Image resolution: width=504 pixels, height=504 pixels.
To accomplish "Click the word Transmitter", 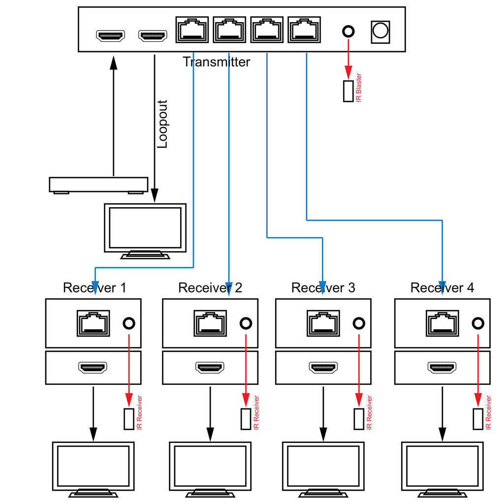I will tap(216, 62).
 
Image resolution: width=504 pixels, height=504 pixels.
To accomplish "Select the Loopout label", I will tap(162, 124).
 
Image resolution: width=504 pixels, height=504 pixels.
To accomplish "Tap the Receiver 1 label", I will tap(94, 287).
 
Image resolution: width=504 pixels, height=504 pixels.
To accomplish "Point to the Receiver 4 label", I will tap(442, 287).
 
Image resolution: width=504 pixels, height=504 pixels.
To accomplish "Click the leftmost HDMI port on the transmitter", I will tap(111, 35).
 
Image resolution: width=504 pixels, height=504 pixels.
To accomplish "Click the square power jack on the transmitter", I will tap(380, 31).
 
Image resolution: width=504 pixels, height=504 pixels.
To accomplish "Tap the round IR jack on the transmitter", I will tap(348, 31).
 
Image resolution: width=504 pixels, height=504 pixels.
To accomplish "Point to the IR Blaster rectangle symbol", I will tap(348, 91).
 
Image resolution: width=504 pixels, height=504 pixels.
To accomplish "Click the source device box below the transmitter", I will tap(98, 185).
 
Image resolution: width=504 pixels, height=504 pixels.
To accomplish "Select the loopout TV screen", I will tap(145, 227).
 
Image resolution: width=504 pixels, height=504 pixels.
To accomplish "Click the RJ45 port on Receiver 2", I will tap(211, 323).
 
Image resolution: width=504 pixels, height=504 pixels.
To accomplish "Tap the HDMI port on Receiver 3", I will tap(323, 367).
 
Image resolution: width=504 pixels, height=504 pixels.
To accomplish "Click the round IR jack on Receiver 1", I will tap(129, 323).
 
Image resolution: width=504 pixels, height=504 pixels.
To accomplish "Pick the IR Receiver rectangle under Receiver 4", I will tap(477, 419).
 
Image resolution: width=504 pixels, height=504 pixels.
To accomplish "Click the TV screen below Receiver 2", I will tap(210, 466).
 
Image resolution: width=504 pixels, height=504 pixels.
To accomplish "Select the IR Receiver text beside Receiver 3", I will tap(369, 412).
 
